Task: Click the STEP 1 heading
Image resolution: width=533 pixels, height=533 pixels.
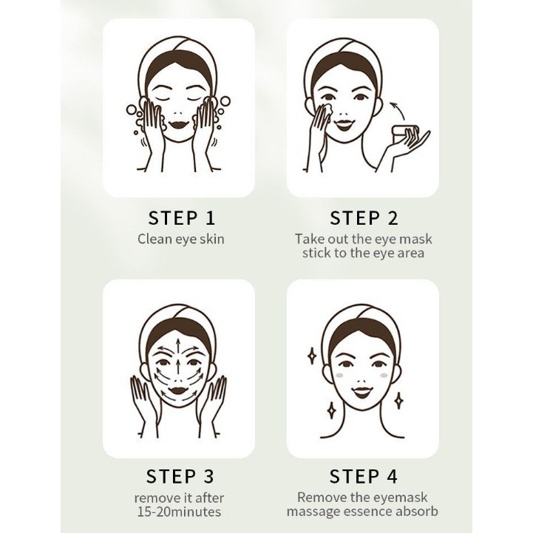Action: [182, 218]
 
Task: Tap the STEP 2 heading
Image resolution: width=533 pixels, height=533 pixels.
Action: [364, 218]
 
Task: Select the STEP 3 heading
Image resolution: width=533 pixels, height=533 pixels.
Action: [180, 476]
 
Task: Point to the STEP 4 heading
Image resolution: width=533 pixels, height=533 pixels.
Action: [364, 476]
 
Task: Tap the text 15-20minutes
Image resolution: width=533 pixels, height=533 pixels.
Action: [179, 512]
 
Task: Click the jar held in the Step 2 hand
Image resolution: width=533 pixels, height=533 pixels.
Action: [404, 133]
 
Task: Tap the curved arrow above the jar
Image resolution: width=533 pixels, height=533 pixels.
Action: [397, 109]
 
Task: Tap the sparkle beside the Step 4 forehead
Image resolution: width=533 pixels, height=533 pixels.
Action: [312, 356]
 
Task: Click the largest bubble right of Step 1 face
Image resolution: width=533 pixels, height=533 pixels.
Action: [225, 101]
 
